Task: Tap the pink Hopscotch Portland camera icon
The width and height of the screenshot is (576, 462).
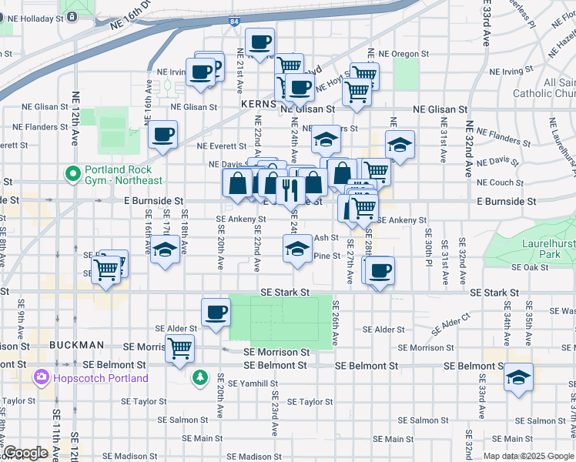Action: click(x=40, y=378)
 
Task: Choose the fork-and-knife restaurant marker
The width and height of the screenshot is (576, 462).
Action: click(x=289, y=189)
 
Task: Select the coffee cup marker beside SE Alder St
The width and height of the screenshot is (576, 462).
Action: click(x=216, y=312)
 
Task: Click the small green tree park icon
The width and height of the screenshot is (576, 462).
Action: click(x=200, y=377)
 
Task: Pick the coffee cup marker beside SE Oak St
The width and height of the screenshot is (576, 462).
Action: click(x=379, y=270)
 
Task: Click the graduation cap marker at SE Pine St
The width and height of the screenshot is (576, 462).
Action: click(x=296, y=247)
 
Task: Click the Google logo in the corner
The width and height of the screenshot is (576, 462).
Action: click(x=25, y=453)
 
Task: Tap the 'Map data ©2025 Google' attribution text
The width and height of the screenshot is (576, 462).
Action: click(x=527, y=456)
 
